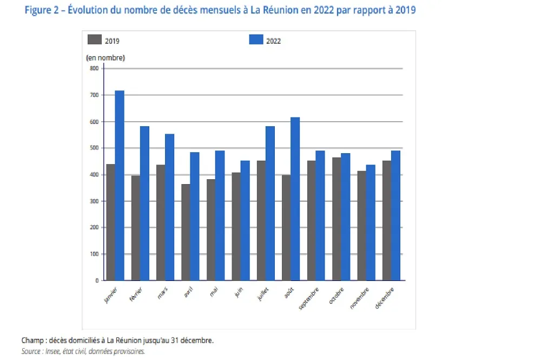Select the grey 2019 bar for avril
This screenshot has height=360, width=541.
[x=186, y=232]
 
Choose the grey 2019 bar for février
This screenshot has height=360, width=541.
[x=136, y=228]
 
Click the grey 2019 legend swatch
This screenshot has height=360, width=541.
[x=94, y=40]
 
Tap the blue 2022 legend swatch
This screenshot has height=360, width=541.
[x=256, y=40]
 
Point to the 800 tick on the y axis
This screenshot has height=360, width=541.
[x=94, y=68]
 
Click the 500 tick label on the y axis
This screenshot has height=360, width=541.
[x=94, y=148]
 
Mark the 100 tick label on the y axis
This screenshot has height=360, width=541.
[x=94, y=254]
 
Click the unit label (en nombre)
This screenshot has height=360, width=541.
[x=105, y=57]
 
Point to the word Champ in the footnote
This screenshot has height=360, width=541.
[x=32, y=341]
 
